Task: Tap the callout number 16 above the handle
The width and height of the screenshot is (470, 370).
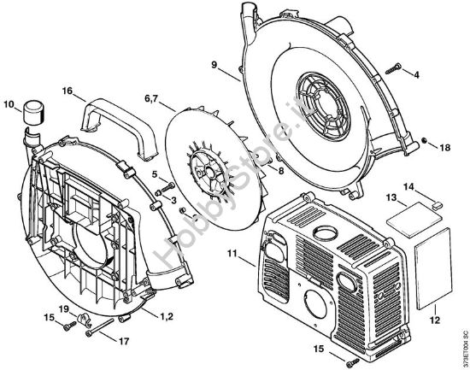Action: coord(68,88)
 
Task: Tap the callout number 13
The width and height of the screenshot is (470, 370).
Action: coord(390,197)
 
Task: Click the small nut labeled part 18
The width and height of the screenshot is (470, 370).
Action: coord(424,141)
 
